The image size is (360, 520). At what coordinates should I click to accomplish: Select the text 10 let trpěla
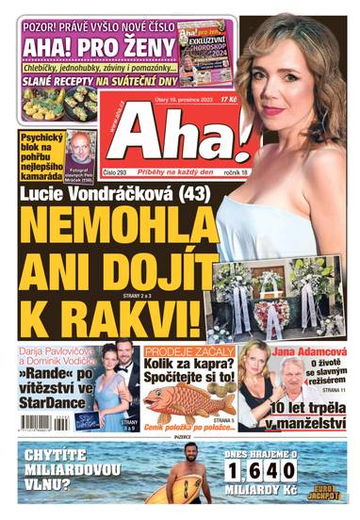pyautogui.click(x=299, y=408)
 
